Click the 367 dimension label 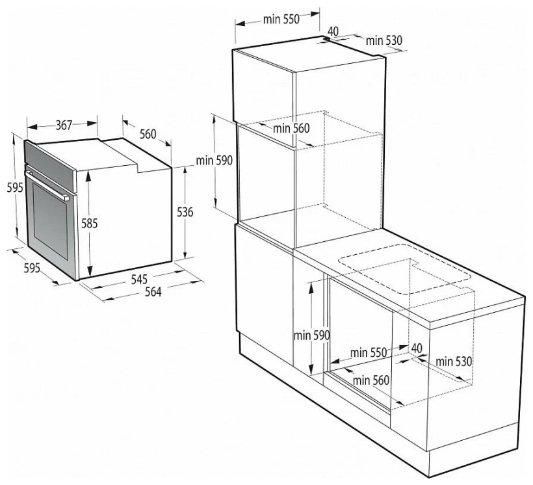(64, 125)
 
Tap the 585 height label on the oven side (90, 224)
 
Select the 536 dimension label (185, 212)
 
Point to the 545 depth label (139, 279)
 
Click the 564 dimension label (153, 291)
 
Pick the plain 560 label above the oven (148, 134)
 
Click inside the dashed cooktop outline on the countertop (404, 269)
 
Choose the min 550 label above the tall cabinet (281, 20)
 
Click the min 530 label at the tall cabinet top (383, 40)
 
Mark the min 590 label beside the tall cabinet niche (214, 160)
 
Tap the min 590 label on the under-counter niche (312, 335)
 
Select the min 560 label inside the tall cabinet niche (291, 128)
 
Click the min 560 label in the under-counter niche (371, 380)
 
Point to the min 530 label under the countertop (454, 361)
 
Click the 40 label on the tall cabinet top (333, 31)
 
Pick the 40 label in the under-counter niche (417, 348)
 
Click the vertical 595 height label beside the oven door (15, 187)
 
